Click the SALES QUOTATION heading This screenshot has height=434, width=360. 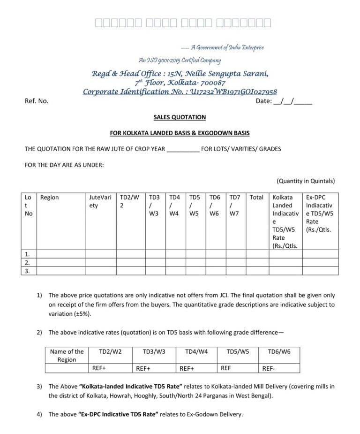coord(180,117)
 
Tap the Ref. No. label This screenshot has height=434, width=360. coord(36,101)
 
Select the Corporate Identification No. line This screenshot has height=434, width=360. coord(180,92)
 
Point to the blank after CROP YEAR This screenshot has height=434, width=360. coord(183,149)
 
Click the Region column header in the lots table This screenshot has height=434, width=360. coord(50,198)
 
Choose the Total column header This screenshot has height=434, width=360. coord(256,198)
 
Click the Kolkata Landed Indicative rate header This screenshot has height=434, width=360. coord(285,221)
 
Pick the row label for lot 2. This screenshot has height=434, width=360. coord(28,262)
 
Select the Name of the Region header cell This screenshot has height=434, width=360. coord(67,355)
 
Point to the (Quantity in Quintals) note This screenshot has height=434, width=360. coord(306,181)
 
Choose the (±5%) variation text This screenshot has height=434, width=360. coord(79,313)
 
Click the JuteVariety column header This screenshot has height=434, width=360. coord(100,202)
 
